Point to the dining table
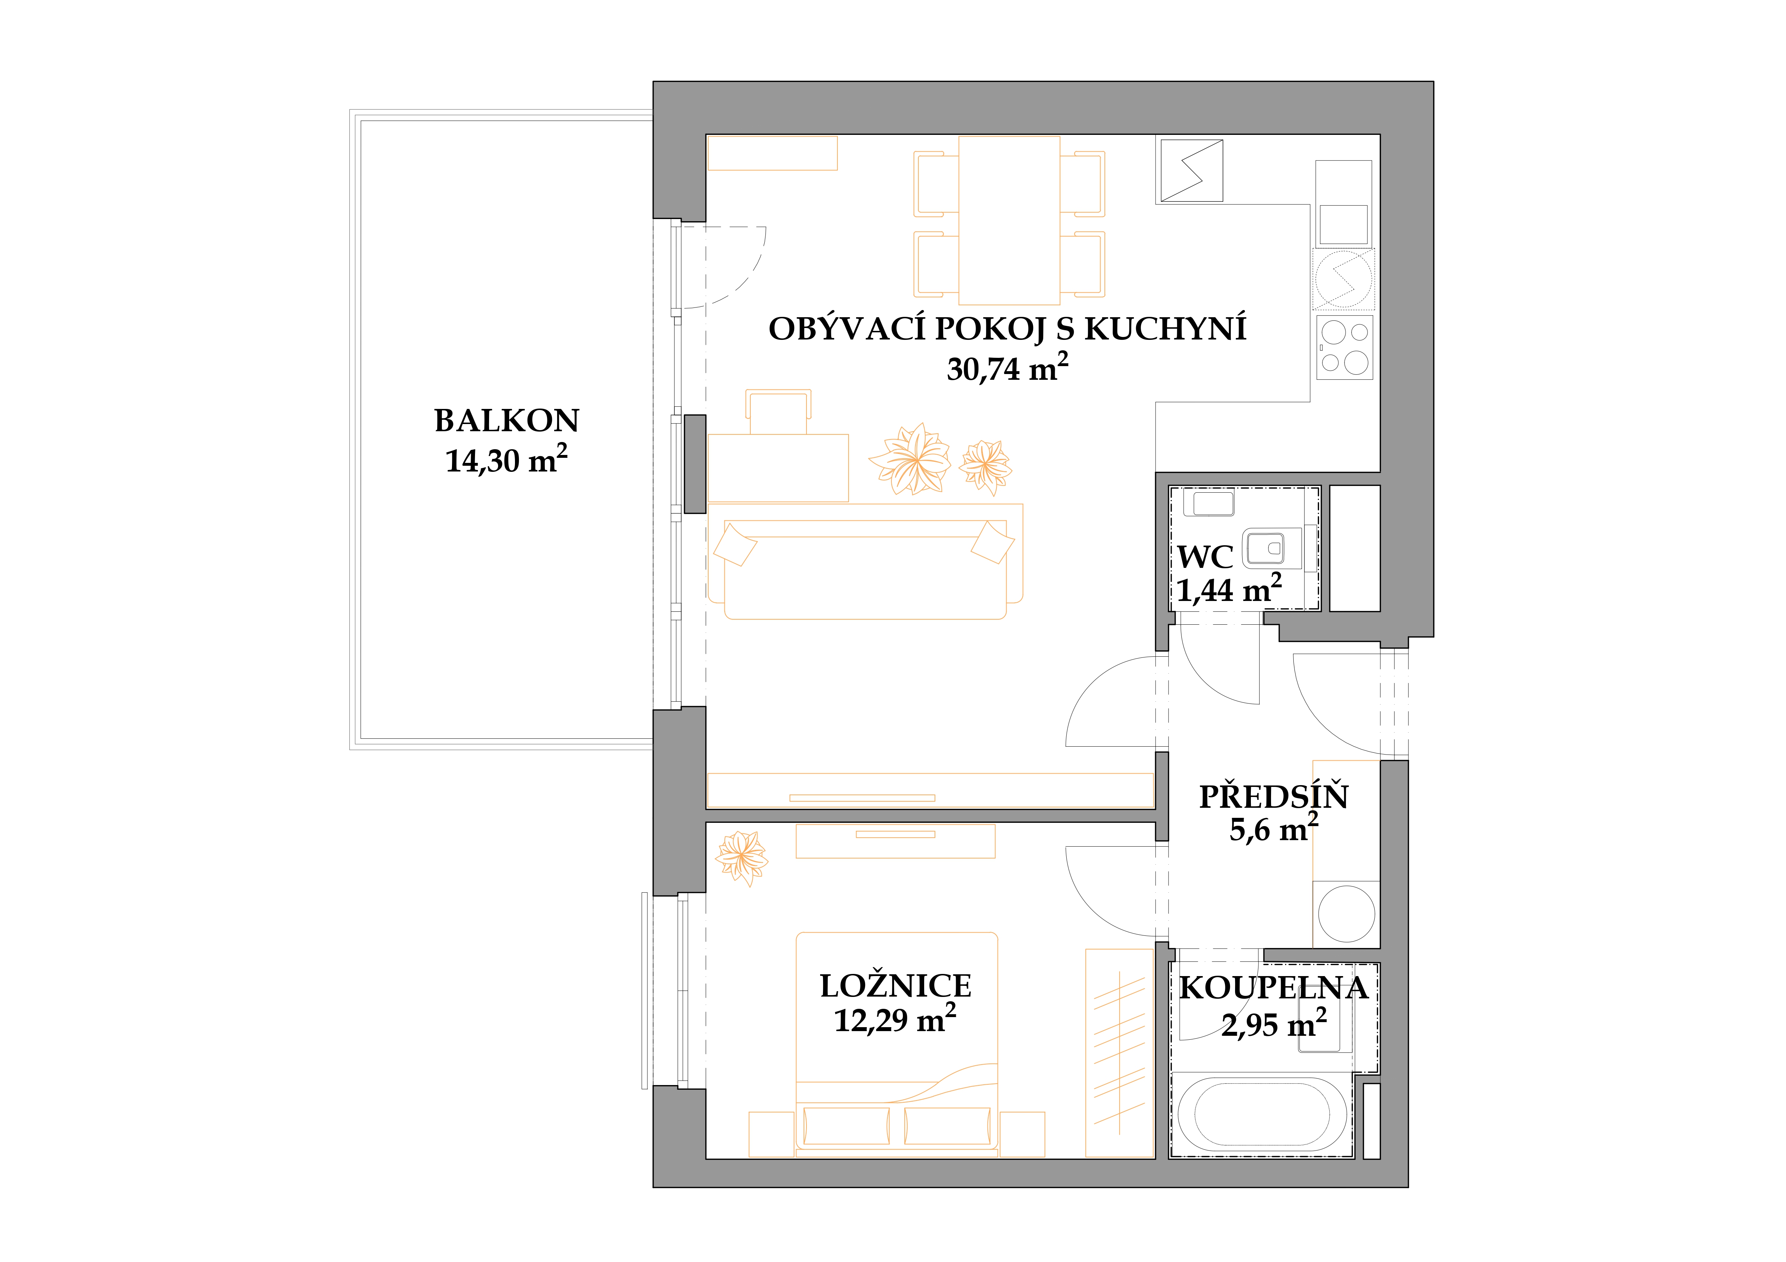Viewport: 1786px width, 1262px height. (x=1009, y=220)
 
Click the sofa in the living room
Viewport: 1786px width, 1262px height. (x=865, y=561)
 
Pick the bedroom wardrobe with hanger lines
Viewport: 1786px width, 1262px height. (x=1120, y=1053)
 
